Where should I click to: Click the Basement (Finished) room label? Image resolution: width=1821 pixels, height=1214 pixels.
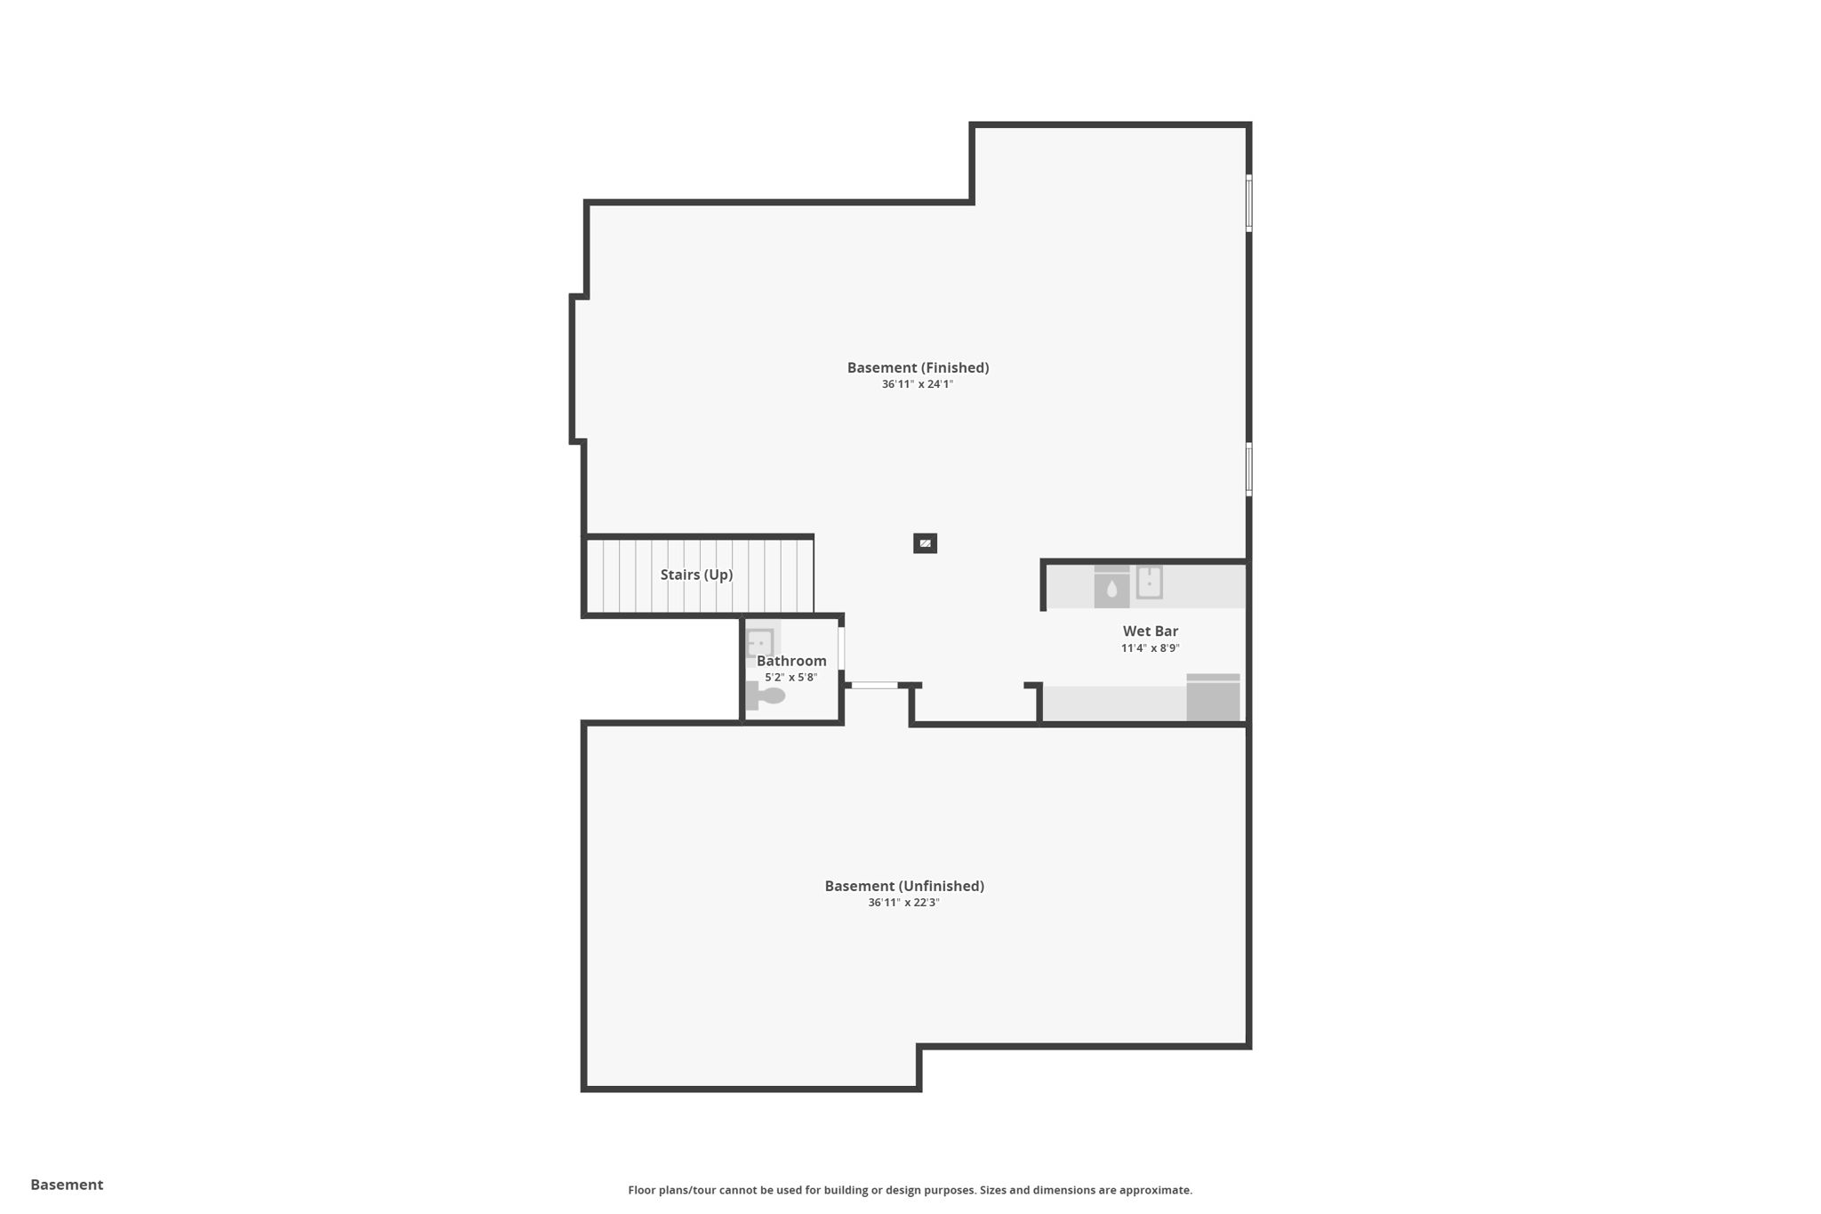click(918, 367)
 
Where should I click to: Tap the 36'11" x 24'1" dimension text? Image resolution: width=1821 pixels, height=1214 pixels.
click(917, 384)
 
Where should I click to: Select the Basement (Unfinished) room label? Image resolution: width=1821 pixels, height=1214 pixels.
click(904, 886)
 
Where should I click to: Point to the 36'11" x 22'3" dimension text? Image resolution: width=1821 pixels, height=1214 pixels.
click(903, 903)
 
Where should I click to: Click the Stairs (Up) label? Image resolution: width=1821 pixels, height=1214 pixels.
click(696, 575)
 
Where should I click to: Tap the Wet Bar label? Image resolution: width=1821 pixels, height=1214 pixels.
click(1150, 631)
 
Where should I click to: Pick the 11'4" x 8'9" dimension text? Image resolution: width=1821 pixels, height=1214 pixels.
click(1150, 648)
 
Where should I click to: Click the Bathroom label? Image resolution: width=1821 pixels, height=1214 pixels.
click(791, 661)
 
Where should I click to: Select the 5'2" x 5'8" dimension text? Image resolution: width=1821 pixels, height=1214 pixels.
click(790, 678)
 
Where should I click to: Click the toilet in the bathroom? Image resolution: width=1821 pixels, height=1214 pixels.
click(766, 695)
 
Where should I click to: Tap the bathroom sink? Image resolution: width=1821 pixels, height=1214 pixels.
click(760, 641)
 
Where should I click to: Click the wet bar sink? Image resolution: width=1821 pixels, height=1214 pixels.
click(1149, 583)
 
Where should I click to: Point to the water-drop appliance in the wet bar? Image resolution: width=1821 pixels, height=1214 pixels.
click(1111, 587)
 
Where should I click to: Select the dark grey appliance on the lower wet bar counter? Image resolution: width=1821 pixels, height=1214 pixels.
click(1213, 698)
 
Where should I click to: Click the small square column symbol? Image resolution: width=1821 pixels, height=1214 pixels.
click(925, 543)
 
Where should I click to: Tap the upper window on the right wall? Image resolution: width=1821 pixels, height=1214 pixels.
click(1248, 204)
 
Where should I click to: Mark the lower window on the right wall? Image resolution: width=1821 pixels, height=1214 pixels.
click(1248, 469)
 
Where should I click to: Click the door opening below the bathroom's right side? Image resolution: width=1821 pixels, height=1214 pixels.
click(874, 685)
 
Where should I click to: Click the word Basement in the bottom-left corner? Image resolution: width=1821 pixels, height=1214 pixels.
click(67, 1185)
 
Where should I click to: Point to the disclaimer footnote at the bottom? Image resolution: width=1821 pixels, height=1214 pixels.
click(910, 1190)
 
